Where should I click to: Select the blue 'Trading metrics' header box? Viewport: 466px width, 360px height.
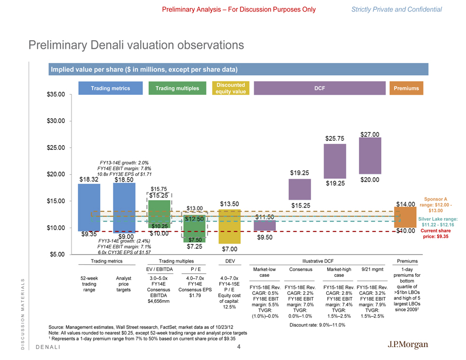click(110, 88)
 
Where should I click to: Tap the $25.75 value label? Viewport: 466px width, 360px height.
click(335, 139)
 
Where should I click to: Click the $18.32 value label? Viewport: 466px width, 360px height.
click(89, 179)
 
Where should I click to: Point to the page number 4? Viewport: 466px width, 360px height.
click(239, 347)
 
